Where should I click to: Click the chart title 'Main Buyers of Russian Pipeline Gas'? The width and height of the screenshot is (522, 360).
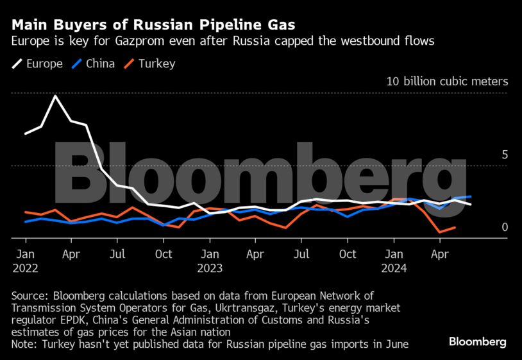153,25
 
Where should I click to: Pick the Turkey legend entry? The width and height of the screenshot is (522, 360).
149,64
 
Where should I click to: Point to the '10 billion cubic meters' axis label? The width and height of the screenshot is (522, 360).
447,81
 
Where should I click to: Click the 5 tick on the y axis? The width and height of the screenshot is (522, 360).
505,155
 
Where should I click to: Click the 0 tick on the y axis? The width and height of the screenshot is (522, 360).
505,227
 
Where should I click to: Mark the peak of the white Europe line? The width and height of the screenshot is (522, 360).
56,96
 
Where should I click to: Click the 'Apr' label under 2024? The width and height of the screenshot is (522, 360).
439,255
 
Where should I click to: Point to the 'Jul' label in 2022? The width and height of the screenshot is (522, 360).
117,255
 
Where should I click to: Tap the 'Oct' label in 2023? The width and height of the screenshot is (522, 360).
348,255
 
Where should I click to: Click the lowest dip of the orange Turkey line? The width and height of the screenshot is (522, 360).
440,232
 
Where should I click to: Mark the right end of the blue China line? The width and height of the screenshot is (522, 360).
471,196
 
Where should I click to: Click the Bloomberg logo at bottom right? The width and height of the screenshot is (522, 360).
478,341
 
